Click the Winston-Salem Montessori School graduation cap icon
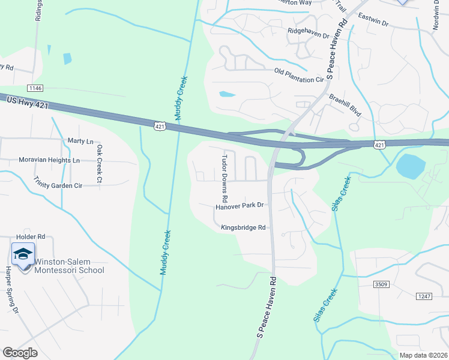[23, 254]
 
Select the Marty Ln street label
[81, 142]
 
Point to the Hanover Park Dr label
[240, 206]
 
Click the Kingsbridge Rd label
[243, 227]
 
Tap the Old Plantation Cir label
[299, 75]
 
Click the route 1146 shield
[35, 88]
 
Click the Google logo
[20, 353]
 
